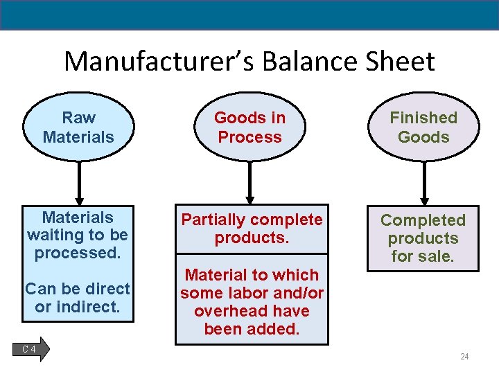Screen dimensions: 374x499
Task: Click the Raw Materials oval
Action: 78,127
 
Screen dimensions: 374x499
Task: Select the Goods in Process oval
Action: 249,127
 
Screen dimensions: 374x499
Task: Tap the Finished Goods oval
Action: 423,127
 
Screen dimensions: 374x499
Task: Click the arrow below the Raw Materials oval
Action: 80,184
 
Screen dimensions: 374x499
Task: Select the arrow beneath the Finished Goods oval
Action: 425,184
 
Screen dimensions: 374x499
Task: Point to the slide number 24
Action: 464,357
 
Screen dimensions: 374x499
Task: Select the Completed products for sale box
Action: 423,238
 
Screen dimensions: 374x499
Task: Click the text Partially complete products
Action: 252,229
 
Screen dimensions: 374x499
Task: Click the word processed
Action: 78,253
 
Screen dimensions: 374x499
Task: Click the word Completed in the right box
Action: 423,220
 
